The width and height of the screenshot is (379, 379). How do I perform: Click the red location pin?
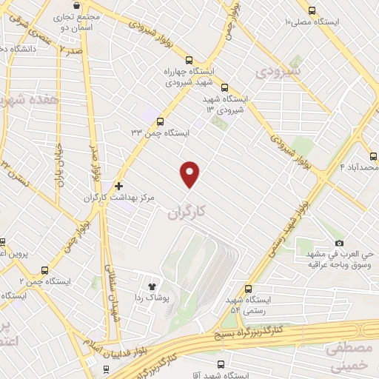190,173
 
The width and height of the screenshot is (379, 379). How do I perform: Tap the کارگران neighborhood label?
184,213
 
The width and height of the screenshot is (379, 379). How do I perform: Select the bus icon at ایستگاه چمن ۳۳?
160,121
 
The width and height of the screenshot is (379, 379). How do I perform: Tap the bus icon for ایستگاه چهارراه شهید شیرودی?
189,61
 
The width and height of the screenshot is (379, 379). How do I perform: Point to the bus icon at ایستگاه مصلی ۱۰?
311,10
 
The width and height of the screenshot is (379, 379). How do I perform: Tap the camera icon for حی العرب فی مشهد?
339,243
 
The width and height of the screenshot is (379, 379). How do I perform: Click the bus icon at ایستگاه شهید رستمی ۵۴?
248,289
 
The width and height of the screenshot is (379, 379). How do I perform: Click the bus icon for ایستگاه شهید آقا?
221,363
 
